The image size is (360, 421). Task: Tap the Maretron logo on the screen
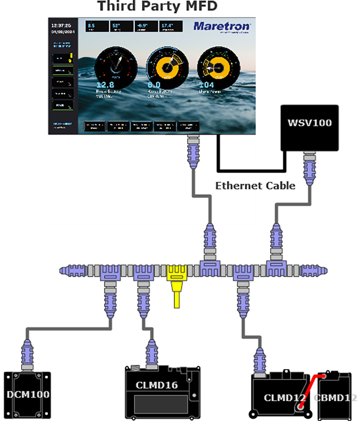tap(222, 27)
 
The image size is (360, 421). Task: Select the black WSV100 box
tap(309, 127)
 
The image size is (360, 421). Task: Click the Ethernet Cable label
tap(255, 186)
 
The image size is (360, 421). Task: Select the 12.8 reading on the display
tap(105, 85)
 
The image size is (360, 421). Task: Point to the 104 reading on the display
tap(206, 85)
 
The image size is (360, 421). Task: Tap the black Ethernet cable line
tap(252, 168)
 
